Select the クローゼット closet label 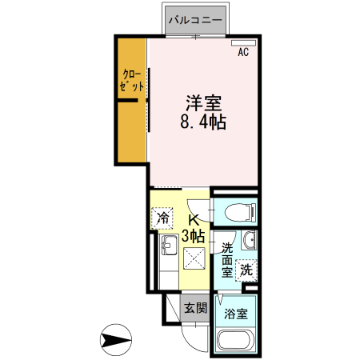pyautogui.click(x=130, y=82)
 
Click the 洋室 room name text pyautogui.click(x=203, y=104)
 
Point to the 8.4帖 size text pyautogui.click(x=203, y=123)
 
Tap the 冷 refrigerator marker pyautogui.click(x=163, y=217)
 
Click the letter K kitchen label pyautogui.click(x=194, y=221)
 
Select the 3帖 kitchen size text pyautogui.click(x=194, y=237)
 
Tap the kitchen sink pyautogui.click(x=170, y=244)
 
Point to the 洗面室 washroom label pyautogui.click(x=227, y=259)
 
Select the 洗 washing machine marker pyautogui.click(x=247, y=270)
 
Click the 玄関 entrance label pyautogui.click(x=194, y=307)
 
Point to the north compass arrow pyautogui.click(x=118, y=339)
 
